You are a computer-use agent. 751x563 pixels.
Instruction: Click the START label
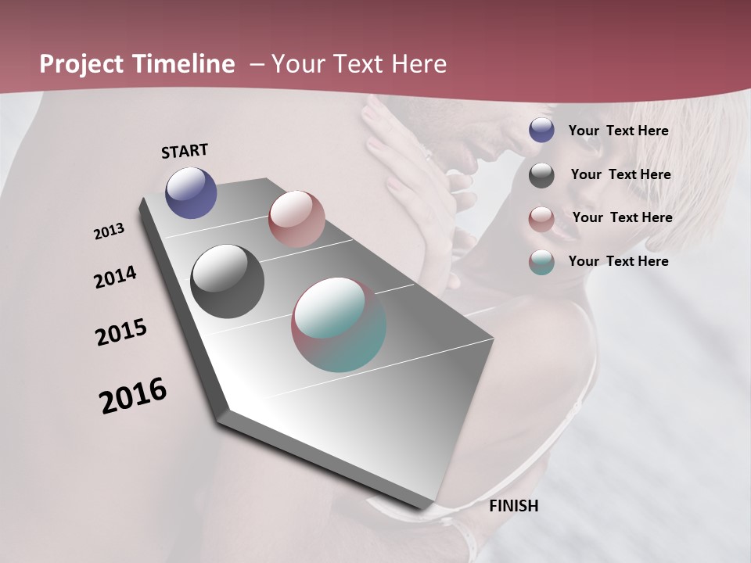pyautogui.click(x=185, y=151)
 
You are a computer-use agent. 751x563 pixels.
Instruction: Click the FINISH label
pyautogui.click(x=513, y=506)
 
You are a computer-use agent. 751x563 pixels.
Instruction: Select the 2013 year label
pyautogui.click(x=109, y=231)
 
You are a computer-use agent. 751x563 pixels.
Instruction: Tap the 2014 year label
pyautogui.click(x=115, y=278)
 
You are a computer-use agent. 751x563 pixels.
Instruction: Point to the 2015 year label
pyautogui.click(x=121, y=332)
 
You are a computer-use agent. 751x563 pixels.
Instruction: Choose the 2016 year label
pyautogui.click(x=133, y=396)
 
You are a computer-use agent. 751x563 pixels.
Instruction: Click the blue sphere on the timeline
pyautogui.click(x=191, y=192)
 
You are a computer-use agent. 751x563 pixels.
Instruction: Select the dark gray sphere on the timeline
pyautogui.click(x=227, y=281)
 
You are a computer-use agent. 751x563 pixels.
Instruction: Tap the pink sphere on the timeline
pyautogui.click(x=296, y=218)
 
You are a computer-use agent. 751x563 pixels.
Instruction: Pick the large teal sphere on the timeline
pyautogui.click(x=339, y=325)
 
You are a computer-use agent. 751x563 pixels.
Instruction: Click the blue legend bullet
pyautogui.click(x=541, y=131)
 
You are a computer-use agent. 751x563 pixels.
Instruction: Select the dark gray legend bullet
pyautogui.click(x=541, y=175)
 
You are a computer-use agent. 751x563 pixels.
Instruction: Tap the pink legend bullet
pyautogui.click(x=541, y=218)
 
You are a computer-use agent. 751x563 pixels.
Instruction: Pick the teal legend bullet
pyautogui.click(x=541, y=262)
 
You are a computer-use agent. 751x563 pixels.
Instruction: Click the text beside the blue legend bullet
pyautogui.click(x=618, y=131)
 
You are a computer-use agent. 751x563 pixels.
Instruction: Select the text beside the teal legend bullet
pyautogui.click(x=618, y=261)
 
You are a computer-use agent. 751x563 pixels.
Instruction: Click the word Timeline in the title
pyautogui.click(x=185, y=64)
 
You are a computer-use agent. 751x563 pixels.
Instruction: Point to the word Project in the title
pyautogui.click(x=80, y=64)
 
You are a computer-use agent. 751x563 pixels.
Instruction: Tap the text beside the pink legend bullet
pyautogui.click(x=622, y=217)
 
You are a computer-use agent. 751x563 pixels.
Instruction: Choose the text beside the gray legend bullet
pyautogui.click(x=620, y=174)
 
